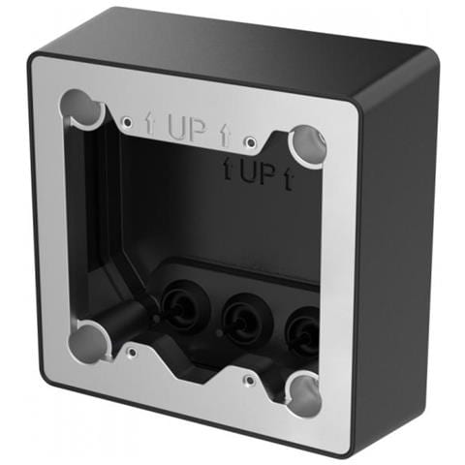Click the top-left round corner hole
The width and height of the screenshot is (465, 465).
click(x=83, y=108)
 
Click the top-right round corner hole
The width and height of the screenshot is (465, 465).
click(x=307, y=146)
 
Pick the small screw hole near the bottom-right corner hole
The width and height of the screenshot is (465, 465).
click(x=250, y=380)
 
